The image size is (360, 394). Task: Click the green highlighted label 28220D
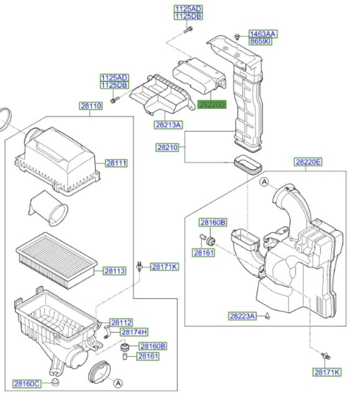coord(212,104)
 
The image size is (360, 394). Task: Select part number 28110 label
coord(91,106)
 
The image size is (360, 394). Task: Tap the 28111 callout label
coord(116,163)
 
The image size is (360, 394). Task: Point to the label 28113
coord(115,271)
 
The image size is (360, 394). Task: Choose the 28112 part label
coord(121,322)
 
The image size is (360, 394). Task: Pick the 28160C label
coord(26,384)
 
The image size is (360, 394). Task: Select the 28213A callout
coord(168,125)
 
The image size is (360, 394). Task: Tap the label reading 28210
coord(167,147)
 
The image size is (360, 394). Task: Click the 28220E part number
coord(308,162)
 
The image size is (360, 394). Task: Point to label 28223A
coord(242,316)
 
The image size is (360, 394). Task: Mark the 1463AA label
coord(263,34)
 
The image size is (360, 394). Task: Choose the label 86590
coord(260,41)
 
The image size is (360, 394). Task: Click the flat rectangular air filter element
coord(57,260)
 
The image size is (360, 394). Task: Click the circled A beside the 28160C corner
coord(118,383)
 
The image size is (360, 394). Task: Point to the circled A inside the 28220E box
coord(264,182)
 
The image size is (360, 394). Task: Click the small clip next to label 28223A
coord(267,316)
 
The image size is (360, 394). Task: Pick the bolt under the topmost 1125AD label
coord(188,30)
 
